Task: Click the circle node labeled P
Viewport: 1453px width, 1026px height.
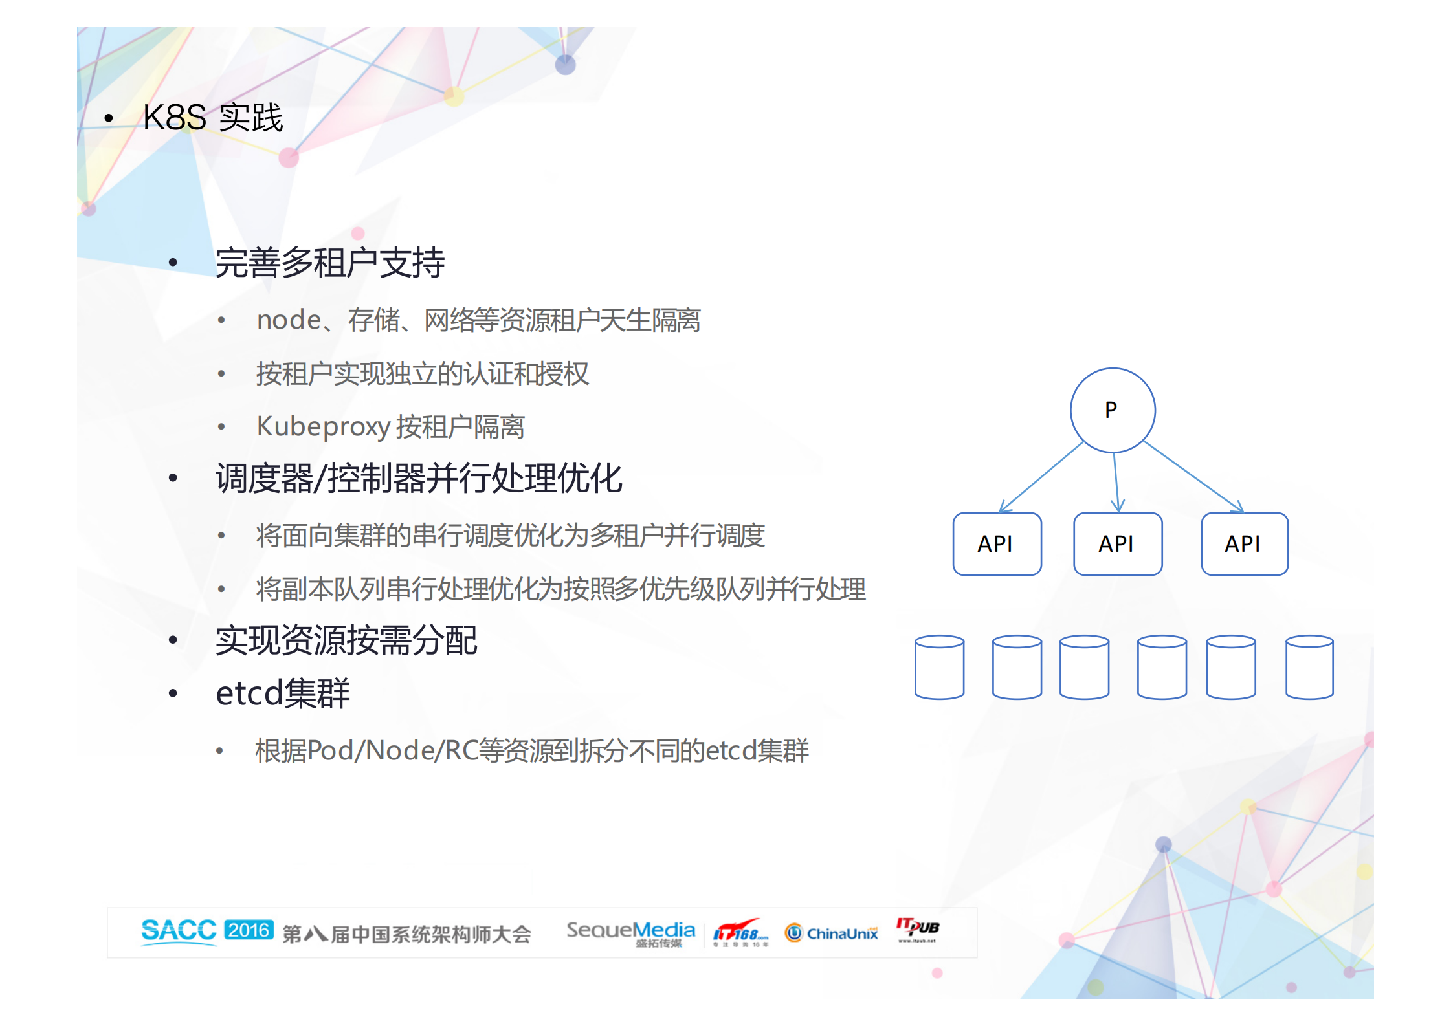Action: tap(1112, 409)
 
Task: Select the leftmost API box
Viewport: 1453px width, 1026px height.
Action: tap(997, 543)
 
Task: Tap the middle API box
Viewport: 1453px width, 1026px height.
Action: tap(1117, 543)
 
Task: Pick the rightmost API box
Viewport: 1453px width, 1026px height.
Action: tap(1244, 543)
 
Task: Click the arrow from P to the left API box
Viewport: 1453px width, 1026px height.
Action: tap(1041, 477)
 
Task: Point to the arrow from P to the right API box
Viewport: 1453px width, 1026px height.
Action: tap(1193, 476)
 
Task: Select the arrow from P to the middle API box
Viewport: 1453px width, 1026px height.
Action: tap(1116, 482)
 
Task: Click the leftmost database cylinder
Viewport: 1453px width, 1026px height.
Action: tap(939, 667)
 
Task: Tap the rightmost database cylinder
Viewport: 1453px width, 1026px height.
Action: tap(1309, 667)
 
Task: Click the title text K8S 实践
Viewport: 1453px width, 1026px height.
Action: tap(213, 118)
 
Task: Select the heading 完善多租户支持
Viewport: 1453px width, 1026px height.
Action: tap(329, 263)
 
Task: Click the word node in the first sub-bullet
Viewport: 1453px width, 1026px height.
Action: tap(289, 320)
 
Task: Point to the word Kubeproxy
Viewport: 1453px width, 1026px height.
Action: tap(323, 426)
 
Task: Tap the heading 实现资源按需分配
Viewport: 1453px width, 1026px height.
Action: tap(346, 640)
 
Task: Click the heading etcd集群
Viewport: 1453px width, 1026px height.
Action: tap(282, 693)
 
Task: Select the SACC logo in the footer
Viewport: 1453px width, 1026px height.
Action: tap(179, 932)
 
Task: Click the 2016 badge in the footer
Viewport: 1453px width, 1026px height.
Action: tap(249, 930)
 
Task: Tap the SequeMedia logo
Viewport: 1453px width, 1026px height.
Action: tap(630, 932)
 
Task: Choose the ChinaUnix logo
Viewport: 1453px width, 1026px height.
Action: tap(832, 933)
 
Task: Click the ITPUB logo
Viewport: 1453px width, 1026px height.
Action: tap(917, 930)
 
